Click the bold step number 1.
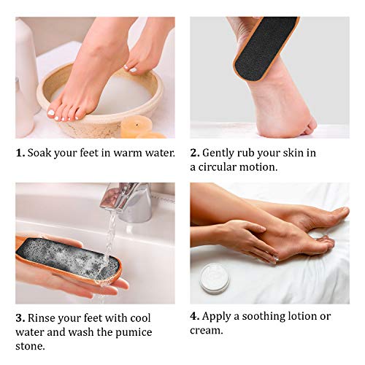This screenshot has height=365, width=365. pyautogui.click(x=20, y=153)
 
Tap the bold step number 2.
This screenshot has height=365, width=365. pyautogui.click(x=195, y=153)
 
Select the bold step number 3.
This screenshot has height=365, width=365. pyautogui.click(x=20, y=318)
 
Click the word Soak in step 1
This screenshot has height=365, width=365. pyautogui.click(x=41, y=153)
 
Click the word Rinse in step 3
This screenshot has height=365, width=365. pyautogui.click(x=43, y=318)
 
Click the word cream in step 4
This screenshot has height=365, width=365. pyautogui.click(x=207, y=330)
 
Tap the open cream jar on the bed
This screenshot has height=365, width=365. pyautogui.click(x=215, y=278)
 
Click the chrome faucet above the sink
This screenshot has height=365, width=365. pyautogui.click(x=128, y=200)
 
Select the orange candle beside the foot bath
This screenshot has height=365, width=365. pyautogui.click(x=137, y=126)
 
